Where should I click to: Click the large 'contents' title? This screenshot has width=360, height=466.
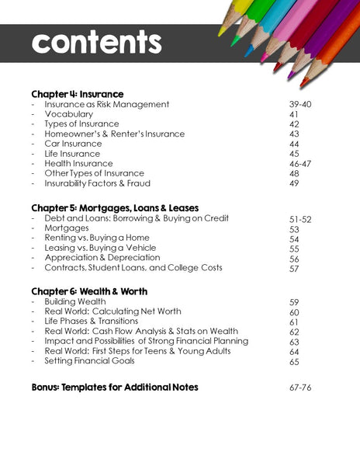(97, 42)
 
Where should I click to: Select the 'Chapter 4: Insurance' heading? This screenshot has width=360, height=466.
(77, 94)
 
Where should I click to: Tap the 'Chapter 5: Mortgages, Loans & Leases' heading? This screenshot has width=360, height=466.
(115, 208)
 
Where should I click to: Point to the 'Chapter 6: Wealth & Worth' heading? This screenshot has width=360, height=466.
(90, 291)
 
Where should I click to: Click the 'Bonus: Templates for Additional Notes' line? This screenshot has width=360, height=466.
(115, 387)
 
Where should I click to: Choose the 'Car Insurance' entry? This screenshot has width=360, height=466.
(73, 144)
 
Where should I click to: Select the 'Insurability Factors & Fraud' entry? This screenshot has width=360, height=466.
(97, 184)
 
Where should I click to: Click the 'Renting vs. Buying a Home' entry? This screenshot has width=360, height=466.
(97, 238)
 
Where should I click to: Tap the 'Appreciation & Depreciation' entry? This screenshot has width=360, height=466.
(102, 257)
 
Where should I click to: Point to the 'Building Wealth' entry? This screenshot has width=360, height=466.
(75, 301)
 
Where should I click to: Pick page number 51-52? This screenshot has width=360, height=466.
(299, 220)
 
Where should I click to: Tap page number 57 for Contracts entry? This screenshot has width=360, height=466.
(294, 269)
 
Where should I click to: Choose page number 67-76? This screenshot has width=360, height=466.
(299, 388)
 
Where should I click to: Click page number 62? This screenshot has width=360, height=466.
(294, 332)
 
